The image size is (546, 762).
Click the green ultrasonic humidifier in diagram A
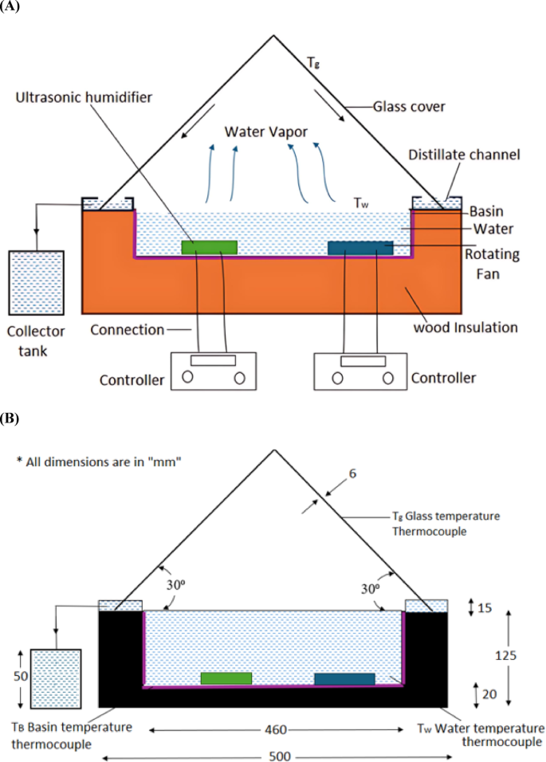[x=209, y=247]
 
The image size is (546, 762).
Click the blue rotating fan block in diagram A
[x=360, y=248]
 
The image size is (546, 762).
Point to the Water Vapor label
[x=265, y=131]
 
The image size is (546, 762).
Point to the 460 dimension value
[x=275, y=729]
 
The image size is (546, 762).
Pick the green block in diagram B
[x=226, y=678]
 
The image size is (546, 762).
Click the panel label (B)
[x=12, y=417]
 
